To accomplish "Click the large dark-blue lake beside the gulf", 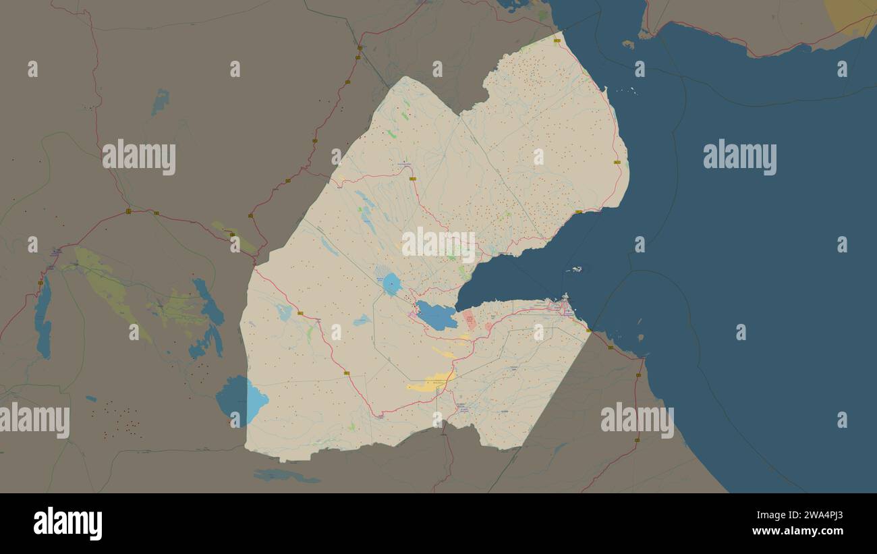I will click(436, 316).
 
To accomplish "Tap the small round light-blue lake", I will click(391, 284).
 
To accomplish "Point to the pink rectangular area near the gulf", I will click(470, 321).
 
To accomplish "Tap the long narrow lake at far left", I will click(43, 318).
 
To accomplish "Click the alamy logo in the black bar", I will click(68, 524).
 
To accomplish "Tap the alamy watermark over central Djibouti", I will click(438, 245).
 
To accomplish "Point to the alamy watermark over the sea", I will click(739, 157).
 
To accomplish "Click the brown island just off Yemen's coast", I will click(628, 45).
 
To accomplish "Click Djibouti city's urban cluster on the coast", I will click(564, 308).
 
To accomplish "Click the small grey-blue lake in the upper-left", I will click(160, 102).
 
